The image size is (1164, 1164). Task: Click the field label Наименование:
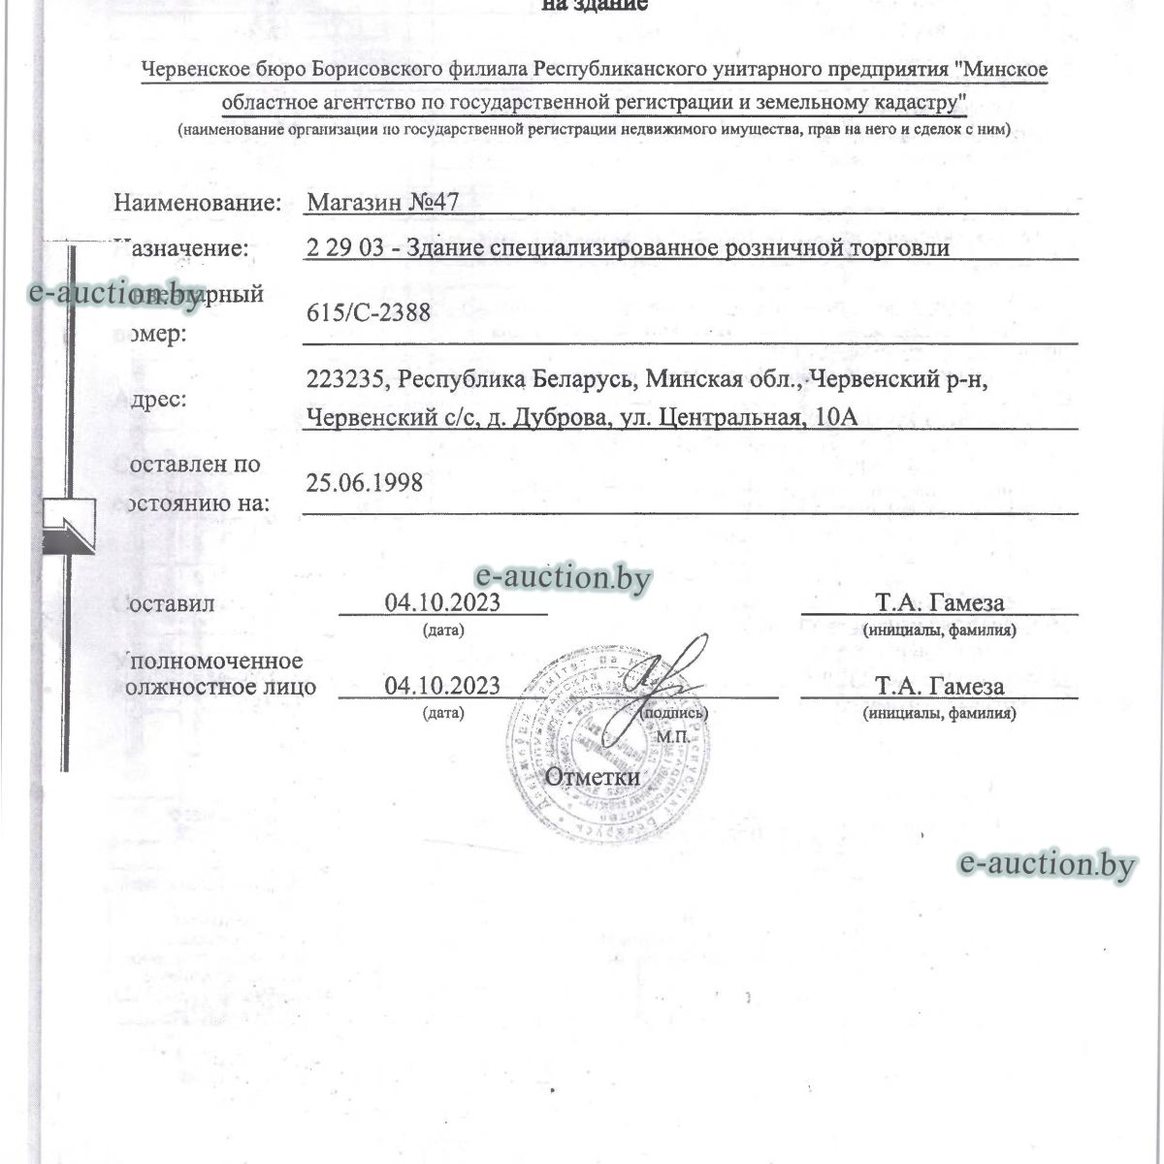coord(197,203)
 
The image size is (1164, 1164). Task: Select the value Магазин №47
coord(381,202)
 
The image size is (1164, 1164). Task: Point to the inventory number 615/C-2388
coord(368,311)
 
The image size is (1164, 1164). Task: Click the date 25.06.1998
coord(364,482)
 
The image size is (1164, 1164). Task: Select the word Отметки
coord(592,776)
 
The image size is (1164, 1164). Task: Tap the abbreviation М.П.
coord(671,737)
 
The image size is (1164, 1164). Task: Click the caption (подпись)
coord(674,713)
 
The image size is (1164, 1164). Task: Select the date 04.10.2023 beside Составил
coord(442,602)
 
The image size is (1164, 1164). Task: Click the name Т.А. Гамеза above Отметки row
coord(939,687)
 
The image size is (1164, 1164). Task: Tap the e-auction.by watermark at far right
coord(1046,864)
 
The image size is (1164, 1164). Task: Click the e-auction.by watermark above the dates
coord(562,578)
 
